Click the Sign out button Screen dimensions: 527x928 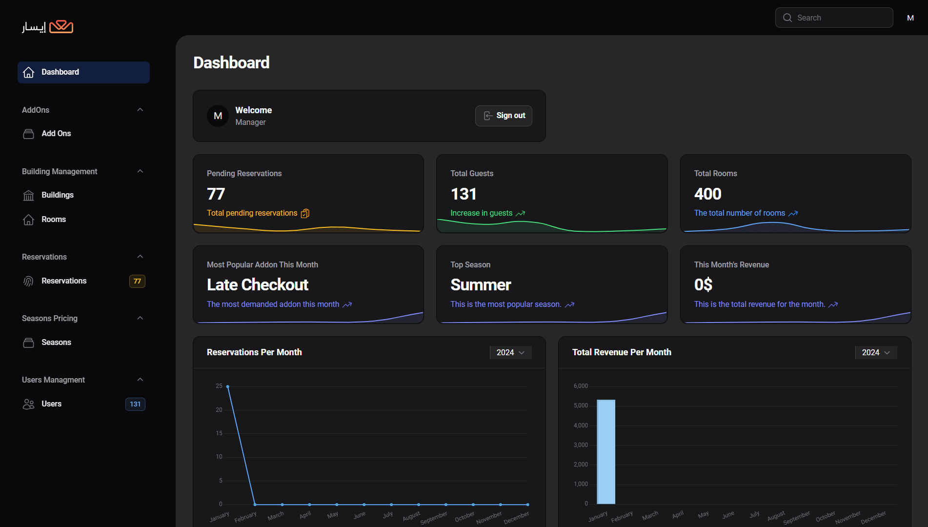coord(504,116)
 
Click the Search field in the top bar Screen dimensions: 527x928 coord(834,18)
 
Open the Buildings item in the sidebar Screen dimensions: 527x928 coord(57,195)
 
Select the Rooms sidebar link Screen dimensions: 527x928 coord(53,220)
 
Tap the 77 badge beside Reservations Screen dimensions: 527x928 coord(137,281)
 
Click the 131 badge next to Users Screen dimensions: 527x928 coord(135,404)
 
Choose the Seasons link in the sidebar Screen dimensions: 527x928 coord(56,343)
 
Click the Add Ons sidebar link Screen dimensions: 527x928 coord(56,134)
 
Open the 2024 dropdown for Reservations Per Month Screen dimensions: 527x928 coord(510,352)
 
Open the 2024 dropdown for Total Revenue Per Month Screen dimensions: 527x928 coord(876,352)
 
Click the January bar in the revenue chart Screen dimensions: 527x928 coord(606,451)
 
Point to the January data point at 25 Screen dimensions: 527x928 coord(228,386)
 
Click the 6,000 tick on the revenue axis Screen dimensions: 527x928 coord(581,386)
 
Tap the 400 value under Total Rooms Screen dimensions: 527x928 coord(707,194)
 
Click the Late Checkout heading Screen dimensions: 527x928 coord(258,285)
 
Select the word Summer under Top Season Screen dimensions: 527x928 coord(481,285)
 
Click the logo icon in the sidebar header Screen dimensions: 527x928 coord(61,26)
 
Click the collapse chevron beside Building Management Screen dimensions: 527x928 coord(140,171)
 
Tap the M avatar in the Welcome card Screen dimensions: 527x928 coord(218,116)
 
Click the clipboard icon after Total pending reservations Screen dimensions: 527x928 coord(305,213)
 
